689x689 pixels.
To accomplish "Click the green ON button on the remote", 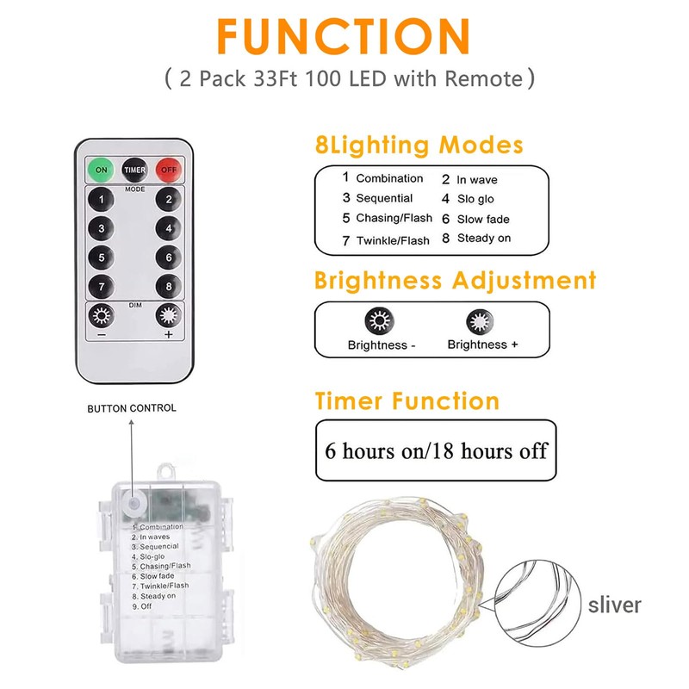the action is (102, 170).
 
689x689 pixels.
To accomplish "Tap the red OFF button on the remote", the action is (169, 170).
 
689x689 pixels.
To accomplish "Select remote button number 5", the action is (102, 257).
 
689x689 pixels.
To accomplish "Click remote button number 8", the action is (169, 286).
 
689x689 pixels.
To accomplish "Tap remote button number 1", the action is (102, 200).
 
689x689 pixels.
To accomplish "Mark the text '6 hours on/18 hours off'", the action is (436, 450).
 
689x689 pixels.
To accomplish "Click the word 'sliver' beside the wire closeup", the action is (615, 605).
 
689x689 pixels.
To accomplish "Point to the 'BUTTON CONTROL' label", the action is (132, 408).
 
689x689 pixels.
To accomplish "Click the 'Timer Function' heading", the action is (407, 400).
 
